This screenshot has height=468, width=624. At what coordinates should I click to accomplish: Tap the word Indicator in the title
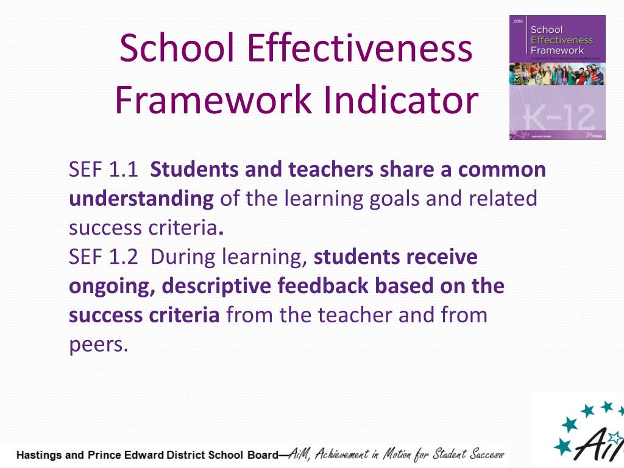400,101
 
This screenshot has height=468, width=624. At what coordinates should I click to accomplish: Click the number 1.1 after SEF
124,169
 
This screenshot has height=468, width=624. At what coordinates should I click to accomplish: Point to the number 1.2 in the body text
124,257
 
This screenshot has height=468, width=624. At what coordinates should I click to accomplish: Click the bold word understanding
141,199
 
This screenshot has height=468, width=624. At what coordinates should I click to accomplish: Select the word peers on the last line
98,345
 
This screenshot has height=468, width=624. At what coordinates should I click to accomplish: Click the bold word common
502,169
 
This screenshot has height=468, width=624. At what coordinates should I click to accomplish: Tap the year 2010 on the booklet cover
519,21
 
